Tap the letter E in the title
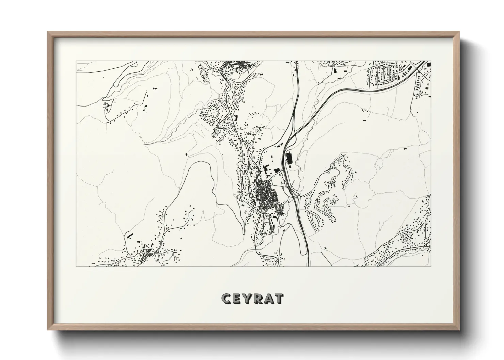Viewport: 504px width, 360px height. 237,298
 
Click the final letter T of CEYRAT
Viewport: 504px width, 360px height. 279,298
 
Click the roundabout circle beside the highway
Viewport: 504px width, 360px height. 299,196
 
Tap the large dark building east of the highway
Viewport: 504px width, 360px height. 290,158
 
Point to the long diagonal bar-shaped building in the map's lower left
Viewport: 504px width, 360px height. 129,234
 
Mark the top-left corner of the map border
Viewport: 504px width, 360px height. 76,62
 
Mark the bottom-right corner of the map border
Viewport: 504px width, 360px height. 431,266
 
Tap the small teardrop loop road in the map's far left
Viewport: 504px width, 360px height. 108,108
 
